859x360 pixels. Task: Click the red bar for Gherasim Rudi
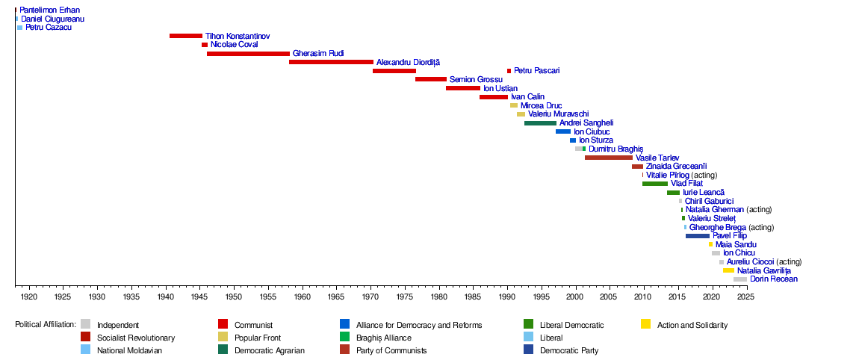248,54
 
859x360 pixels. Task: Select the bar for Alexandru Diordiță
332,62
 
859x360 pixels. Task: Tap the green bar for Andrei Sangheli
541,122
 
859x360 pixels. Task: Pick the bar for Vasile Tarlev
609,158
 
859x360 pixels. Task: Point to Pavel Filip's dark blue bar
698,236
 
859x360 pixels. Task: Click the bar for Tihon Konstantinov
186,36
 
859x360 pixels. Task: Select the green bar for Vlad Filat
655,184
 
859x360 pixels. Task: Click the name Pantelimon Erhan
49,10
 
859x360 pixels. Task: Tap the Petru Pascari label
537,71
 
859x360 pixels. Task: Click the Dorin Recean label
774,279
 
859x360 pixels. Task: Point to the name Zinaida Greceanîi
677,166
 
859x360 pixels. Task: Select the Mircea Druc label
542,105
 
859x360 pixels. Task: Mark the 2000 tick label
575,297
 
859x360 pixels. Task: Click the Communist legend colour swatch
223,324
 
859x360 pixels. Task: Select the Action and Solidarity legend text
692,325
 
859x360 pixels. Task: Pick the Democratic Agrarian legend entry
270,351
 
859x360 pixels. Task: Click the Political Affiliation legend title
46,324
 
